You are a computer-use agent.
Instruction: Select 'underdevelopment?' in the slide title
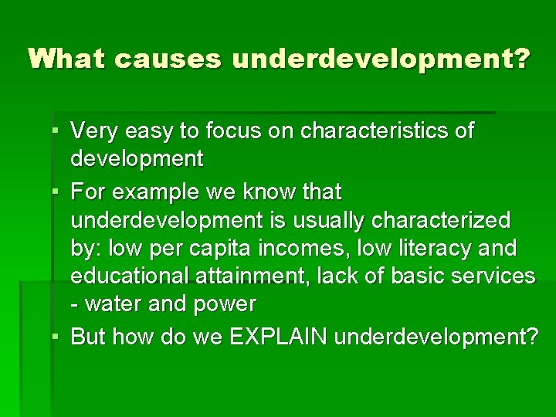[x=381, y=59]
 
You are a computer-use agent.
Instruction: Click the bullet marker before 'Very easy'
[x=59, y=131]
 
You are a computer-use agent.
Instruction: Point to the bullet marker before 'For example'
[x=59, y=190]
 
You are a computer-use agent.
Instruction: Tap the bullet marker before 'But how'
[x=59, y=337]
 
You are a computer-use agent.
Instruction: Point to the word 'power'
[x=223, y=304]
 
